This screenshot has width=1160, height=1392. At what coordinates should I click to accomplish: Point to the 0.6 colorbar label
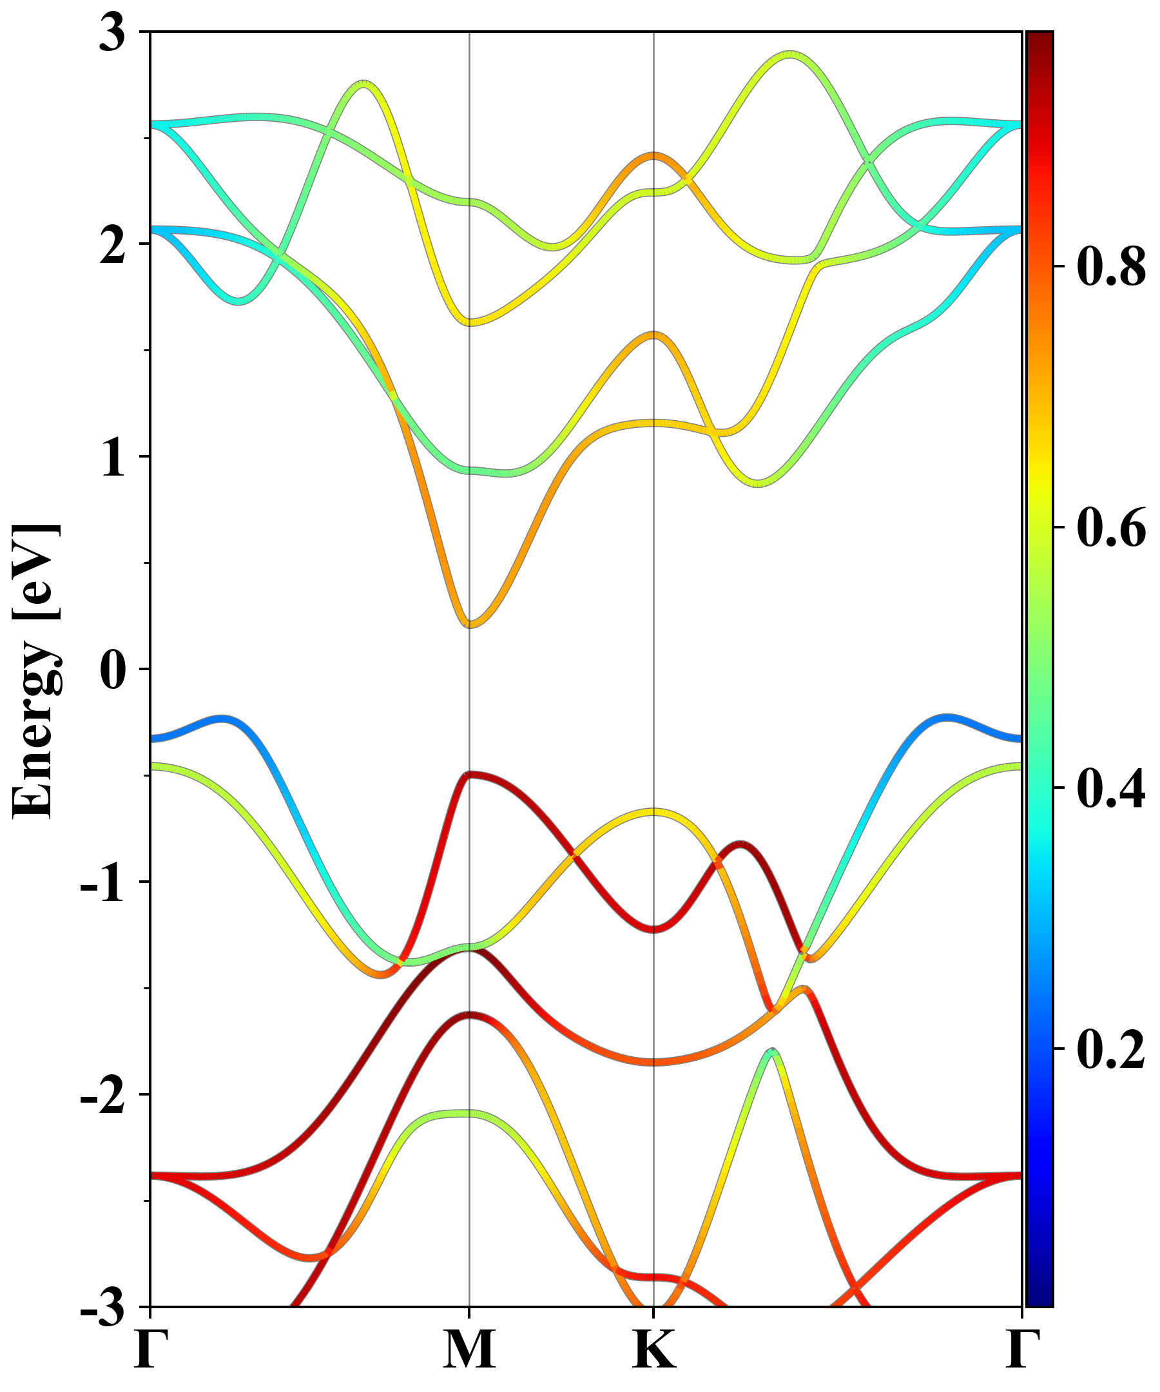point(1111,528)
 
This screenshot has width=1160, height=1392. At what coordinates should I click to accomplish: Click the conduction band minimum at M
point(470,623)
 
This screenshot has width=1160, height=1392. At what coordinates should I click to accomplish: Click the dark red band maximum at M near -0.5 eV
point(470,774)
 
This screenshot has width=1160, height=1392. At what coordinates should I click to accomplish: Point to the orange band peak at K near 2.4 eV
point(654,156)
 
